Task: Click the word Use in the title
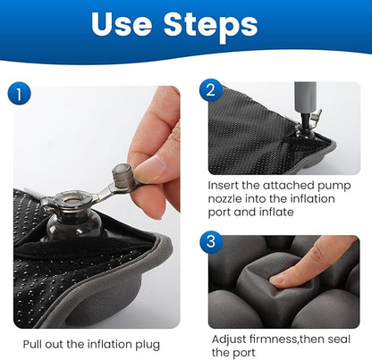click(122, 24)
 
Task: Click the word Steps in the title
click(211, 26)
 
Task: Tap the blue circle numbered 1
click(19, 94)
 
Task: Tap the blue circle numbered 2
click(211, 90)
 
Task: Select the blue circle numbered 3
click(211, 241)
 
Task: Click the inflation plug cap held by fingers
click(122, 176)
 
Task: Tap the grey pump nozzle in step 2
click(305, 97)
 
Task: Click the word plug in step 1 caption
click(148, 345)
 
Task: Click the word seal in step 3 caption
click(339, 339)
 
